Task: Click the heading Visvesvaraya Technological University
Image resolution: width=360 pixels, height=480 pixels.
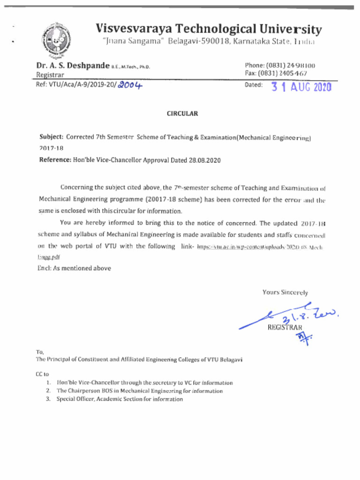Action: tap(209, 29)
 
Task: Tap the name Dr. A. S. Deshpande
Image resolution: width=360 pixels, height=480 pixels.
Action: tap(73, 66)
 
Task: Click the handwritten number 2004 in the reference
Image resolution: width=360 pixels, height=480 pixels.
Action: tap(130, 85)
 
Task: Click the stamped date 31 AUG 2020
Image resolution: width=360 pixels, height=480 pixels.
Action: tap(301, 87)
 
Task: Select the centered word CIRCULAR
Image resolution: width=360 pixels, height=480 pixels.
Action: tap(182, 114)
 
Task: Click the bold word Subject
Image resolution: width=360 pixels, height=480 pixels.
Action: tap(51, 137)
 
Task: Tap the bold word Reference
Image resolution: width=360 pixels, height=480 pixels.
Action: tap(54, 160)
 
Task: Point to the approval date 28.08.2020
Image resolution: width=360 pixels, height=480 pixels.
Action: tap(204, 160)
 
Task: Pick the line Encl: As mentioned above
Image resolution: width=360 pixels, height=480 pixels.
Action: tap(74, 269)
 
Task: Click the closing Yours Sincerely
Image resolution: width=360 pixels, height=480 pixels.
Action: tap(285, 292)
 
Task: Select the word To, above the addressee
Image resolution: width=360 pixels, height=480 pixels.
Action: tap(40, 352)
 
